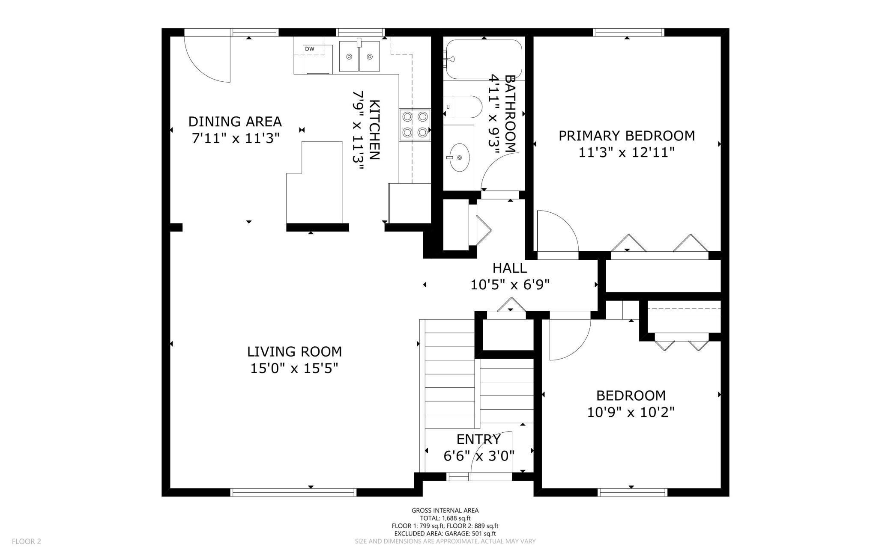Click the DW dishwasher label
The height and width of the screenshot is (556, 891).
pyautogui.click(x=309, y=49)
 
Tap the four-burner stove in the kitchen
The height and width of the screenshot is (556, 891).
pyautogui.click(x=415, y=125)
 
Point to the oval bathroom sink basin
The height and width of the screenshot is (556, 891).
pyautogui.click(x=459, y=158)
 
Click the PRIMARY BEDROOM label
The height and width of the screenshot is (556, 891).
pyautogui.click(x=627, y=136)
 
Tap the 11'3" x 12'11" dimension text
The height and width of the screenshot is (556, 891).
pyautogui.click(x=627, y=152)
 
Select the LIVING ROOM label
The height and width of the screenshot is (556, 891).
pyautogui.click(x=294, y=352)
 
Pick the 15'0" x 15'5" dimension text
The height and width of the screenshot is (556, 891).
pyautogui.click(x=294, y=368)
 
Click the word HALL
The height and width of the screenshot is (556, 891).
pyautogui.click(x=510, y=268)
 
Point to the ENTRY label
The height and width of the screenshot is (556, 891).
pyautogui.click(x=478, y=440)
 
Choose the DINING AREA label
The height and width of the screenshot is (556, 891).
pyautogui.click(x=235, y=122)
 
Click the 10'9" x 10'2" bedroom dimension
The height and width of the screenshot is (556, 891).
pyautogui.click(x=631, y=412)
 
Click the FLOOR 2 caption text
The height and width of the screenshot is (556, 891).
pyautogui.click(x=27, y=541)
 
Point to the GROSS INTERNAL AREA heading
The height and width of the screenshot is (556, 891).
pyautogui.click(x=445, y=510)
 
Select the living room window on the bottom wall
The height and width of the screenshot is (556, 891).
pyautogui.click(x=294, y=492)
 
